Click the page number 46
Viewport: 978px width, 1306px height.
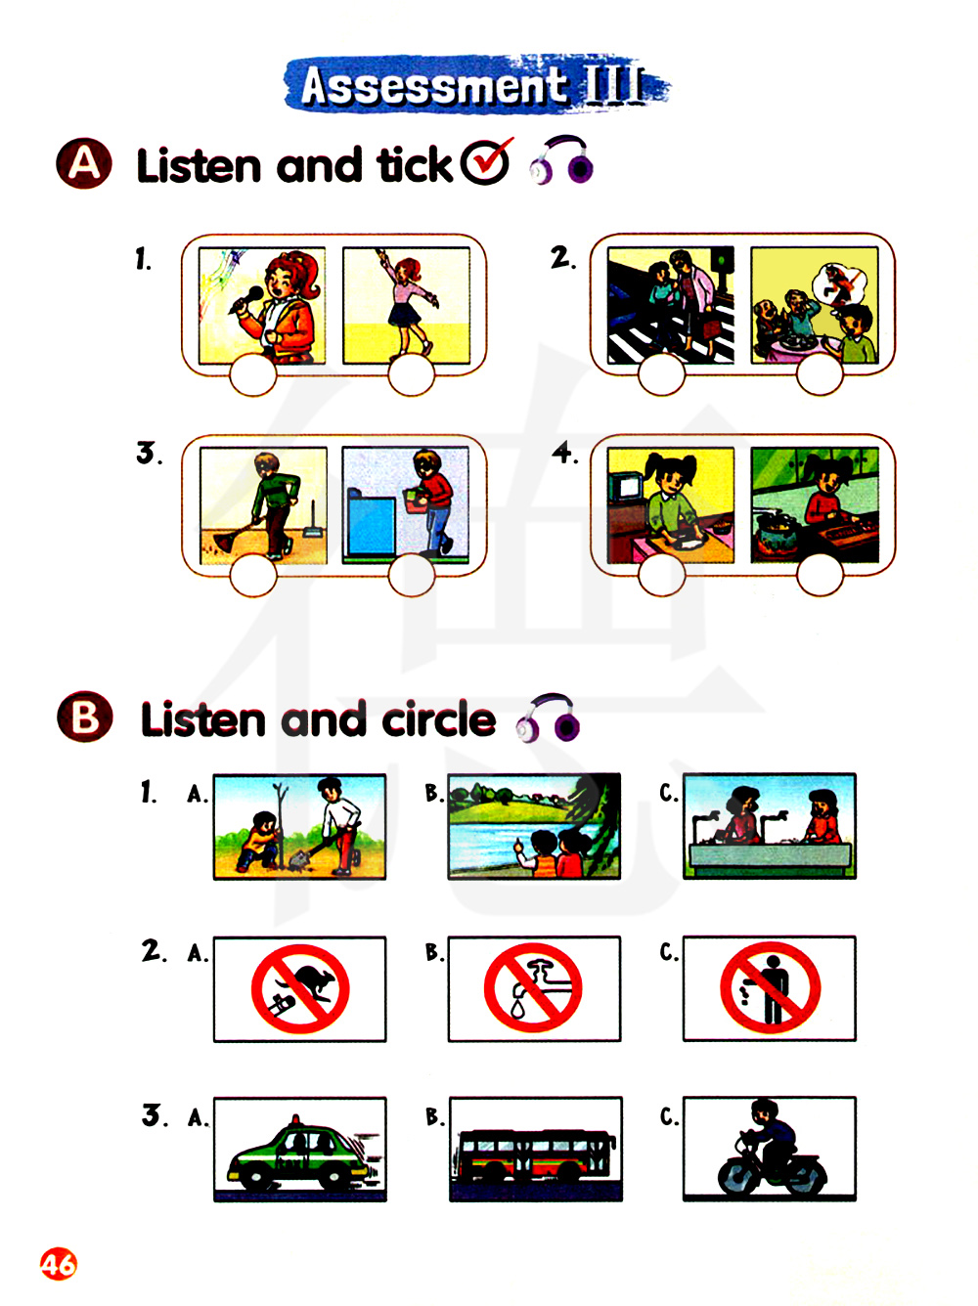pyautogui.click(x=59, y=1264)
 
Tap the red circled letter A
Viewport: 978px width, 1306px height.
pyautogui.click(x=84, y=163)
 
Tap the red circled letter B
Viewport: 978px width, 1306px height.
pyautogui.click(x=84, y=717)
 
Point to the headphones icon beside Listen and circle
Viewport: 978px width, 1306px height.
pyautogui.click(x=548, y=718)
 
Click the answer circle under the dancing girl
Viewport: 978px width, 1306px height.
pyautogui.click(x=411, y=374)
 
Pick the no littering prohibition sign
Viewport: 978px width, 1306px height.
pyautogui.click(x=771, y=987)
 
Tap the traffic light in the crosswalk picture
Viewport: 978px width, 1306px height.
pyautogui.click(x=724, y=262)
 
